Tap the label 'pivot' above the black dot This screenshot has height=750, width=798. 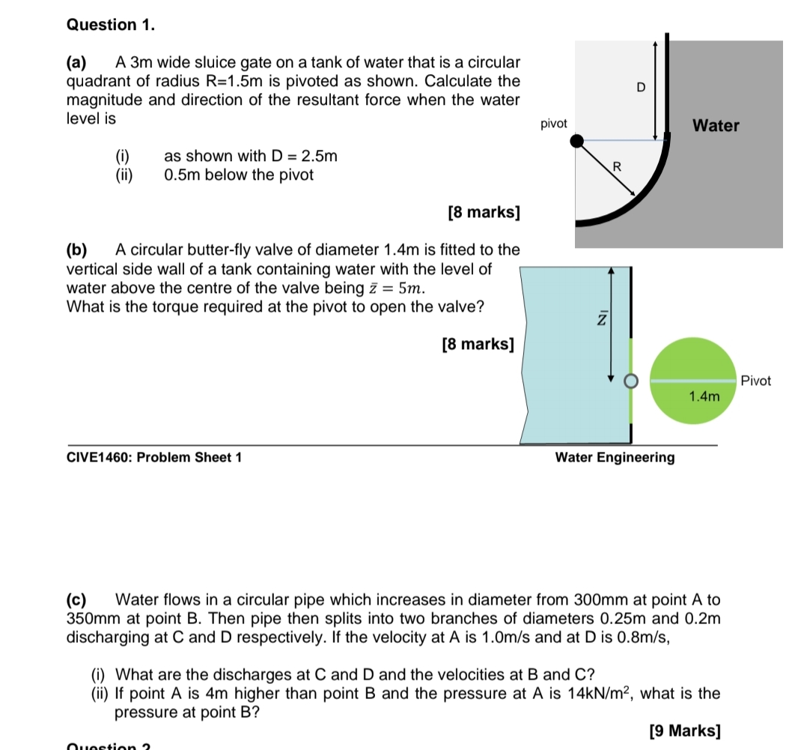(x=553, y=124)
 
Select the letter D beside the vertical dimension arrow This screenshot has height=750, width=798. (x=641, y=88)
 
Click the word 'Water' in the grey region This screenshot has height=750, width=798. (x=716, y=126)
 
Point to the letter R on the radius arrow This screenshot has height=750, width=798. (x=617, y=166)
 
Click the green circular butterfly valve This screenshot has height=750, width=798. (x=692, y=360)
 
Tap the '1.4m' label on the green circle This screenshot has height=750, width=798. (x=704, y=396)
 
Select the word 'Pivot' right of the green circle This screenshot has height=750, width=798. (x=755, y=381)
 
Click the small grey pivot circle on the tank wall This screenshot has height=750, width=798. (x=630, y=381)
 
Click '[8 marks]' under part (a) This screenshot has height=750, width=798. (x=483, y=212)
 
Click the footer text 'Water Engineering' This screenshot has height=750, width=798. (x=615, y=457)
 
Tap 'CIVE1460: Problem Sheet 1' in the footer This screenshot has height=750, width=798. (x=154, y=457)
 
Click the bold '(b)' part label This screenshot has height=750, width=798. (x=77, y=250)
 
